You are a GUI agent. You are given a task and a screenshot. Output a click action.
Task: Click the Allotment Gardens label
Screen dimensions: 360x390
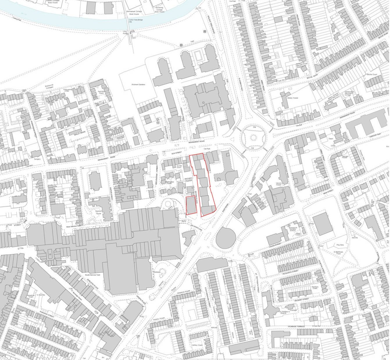(x=138, y=84)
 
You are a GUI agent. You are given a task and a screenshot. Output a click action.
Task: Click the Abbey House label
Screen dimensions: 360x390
(x=293, y=98)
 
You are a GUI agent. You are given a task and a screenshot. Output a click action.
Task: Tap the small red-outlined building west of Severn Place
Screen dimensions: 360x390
(x=190, y=205)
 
